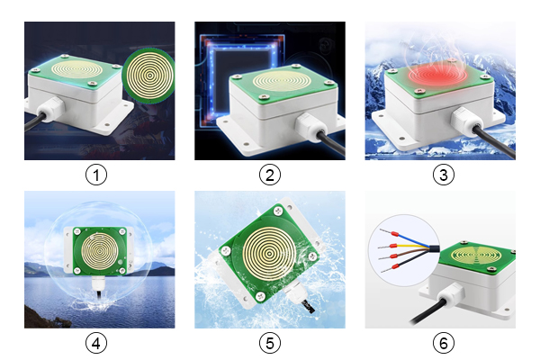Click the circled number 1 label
point(96,175)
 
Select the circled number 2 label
point(270,175)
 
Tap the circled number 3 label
point(443,175)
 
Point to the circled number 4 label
point(96,343)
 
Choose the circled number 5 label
point(270,343)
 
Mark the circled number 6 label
point(443,343)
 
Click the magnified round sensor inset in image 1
point(149,76)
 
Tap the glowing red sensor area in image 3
point(437,74)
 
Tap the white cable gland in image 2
point(308,127)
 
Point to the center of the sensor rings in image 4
point(99,251)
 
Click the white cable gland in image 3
point(465,121)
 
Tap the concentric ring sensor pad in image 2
point(282,81)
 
